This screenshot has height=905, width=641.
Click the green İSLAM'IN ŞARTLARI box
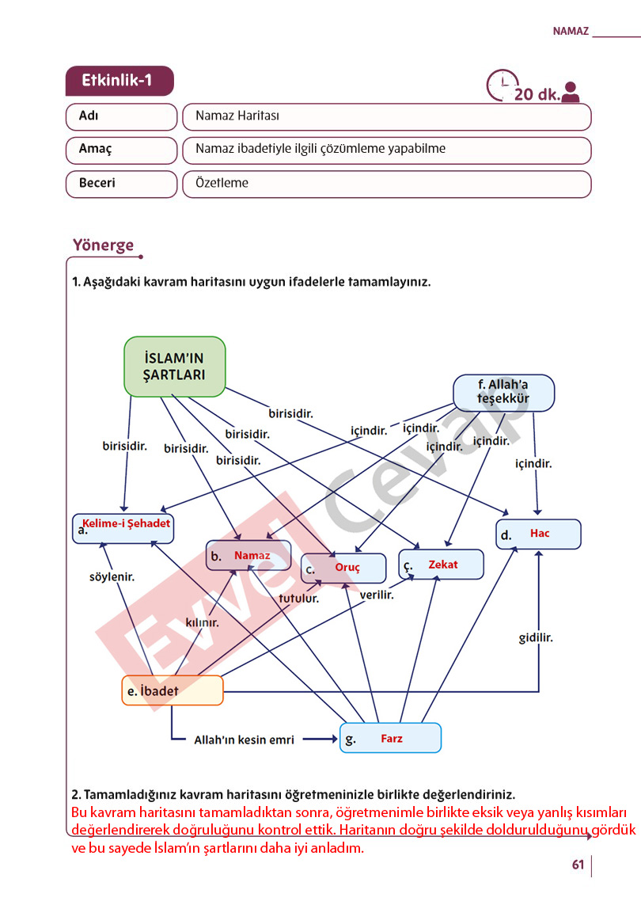(174, 367)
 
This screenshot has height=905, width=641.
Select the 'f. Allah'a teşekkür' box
(503, 393)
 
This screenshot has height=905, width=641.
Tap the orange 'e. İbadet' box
(172, 690)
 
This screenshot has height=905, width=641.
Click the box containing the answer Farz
(391, 738)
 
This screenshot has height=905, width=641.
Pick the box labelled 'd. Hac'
(538, 534)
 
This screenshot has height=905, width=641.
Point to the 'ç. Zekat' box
(442, 565)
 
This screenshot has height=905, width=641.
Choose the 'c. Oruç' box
(343, 568)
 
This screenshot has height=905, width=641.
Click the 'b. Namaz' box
(248, 555)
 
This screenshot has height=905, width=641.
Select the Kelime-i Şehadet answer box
(123, 528)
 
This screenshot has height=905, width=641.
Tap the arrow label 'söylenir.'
(112, 576)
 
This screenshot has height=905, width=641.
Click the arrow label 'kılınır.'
(202, 622)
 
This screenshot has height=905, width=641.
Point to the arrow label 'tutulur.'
(299, 599)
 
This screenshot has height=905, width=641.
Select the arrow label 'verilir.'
(377, 595)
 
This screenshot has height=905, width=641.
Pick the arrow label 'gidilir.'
(536, 637)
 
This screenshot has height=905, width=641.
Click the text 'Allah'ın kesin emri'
(244, 740)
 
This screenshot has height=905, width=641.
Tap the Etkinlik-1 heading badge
(119, 80)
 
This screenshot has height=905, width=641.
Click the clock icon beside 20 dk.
(502, 85)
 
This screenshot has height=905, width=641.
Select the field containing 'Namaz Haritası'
(386, 116)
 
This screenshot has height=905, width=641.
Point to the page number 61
(578, 864)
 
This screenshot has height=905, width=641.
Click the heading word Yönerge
(104, 245)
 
